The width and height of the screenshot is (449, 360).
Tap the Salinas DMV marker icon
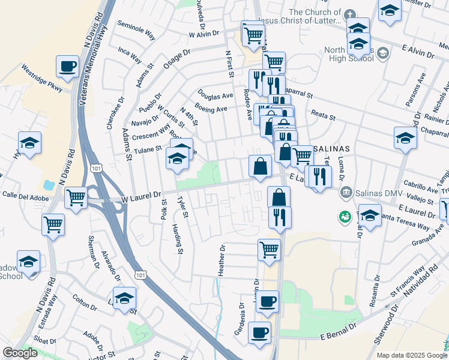coord(345,192)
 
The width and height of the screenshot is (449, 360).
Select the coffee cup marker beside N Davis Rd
coord(67,67)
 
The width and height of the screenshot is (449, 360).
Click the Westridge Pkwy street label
coord(41,78)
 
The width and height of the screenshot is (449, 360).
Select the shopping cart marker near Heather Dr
coord(269,250)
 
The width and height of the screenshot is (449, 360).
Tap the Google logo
coord(20,353)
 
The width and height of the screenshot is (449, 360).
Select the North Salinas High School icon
coord(382,53)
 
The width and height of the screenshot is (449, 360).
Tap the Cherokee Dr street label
coord(110,113)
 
